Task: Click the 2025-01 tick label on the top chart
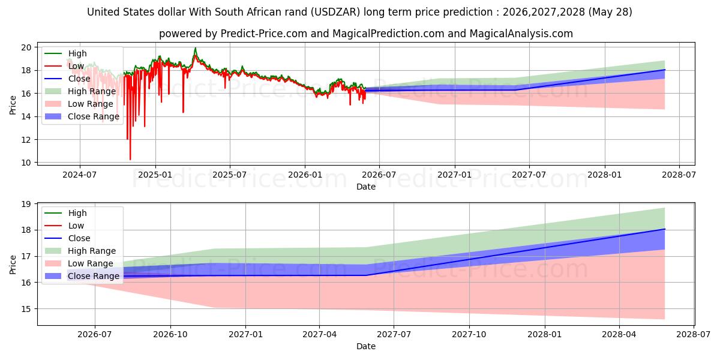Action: (x=155, y=175)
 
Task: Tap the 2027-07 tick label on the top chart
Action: (x=529, y=175)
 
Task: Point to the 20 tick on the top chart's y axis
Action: (x=26, y=47)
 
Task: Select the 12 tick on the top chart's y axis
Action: (x=26, y=140)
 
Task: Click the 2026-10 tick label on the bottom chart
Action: (x=170, y=335)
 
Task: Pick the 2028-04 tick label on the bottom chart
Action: (x=619, y=335)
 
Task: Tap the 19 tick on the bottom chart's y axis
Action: (x=26, y=204)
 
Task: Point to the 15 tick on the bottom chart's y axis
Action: (x=26, y=309)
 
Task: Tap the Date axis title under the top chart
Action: (x=366, y=187)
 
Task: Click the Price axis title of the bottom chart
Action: (x=13, y=265)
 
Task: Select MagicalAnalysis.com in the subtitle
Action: (x=521, y=34)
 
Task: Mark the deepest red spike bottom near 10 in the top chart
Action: (x=130, y=160)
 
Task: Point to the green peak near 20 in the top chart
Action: (x=195, y=48)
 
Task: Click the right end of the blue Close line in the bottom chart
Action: (x=665, y=229)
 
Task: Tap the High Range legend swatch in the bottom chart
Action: (x=53, y=251)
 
